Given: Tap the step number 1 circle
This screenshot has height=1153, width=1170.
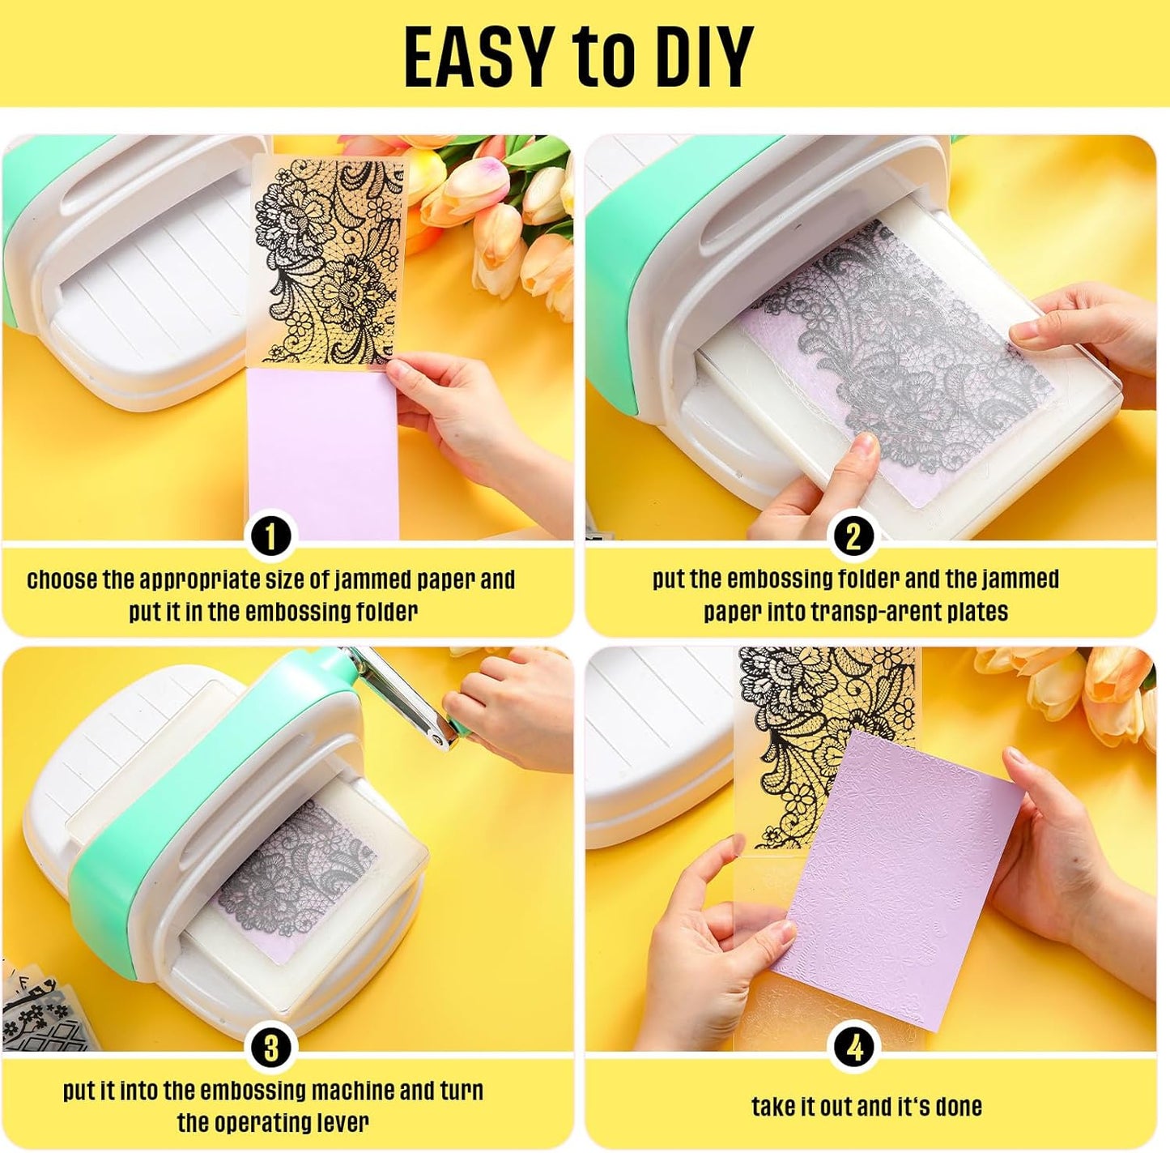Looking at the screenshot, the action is click(270, 536).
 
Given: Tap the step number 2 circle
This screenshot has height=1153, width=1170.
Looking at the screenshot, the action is click(853, 536).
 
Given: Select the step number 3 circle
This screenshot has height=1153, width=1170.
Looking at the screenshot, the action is click(270, 1047).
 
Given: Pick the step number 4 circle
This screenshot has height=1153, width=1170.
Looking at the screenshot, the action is click(853, 1047).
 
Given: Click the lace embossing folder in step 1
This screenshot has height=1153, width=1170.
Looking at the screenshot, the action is click(328, 263).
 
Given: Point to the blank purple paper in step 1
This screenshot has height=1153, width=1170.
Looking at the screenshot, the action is click(322, 453).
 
